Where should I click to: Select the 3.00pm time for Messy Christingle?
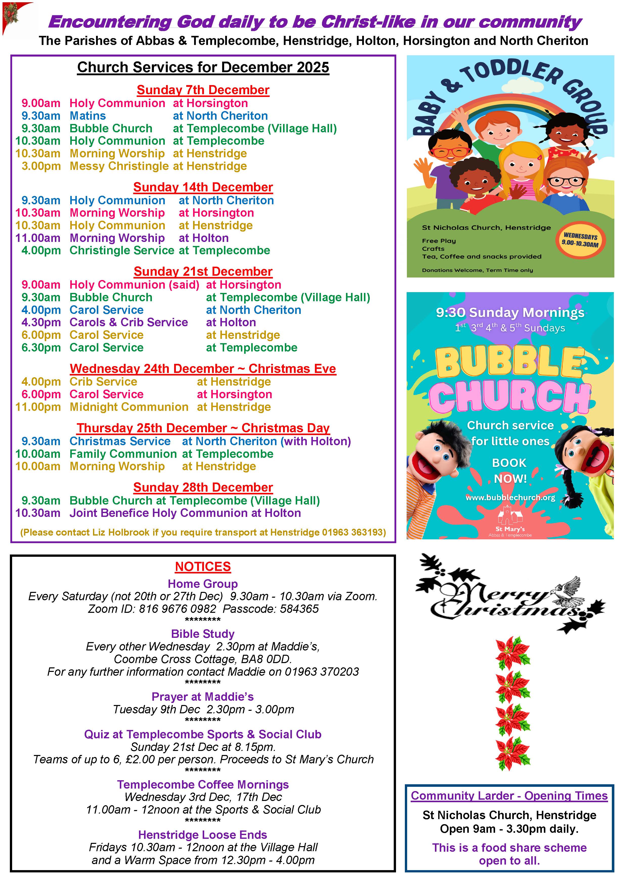click(x=41, y=166)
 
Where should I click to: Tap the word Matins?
click(x=88, y=116)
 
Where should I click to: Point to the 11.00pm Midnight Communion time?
click(x=38, y=407)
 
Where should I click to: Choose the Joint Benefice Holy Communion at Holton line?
click(x=185, y=513)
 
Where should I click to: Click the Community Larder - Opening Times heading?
click(x=509, y=796)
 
